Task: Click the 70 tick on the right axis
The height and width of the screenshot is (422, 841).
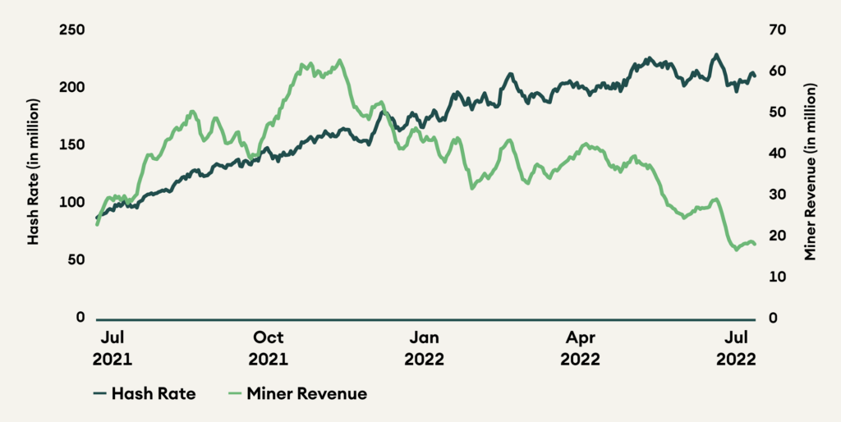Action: point(777,30)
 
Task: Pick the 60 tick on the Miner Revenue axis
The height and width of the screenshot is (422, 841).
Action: point(777,71)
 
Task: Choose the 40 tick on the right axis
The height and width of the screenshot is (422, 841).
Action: point(777,154)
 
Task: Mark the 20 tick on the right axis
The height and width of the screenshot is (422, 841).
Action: point(777,236)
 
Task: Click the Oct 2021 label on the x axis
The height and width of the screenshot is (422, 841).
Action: point(269,348)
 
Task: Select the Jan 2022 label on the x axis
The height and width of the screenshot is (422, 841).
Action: point(425,348)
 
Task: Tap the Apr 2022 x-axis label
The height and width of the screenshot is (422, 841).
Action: point(581,348)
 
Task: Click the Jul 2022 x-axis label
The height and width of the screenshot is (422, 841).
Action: point(737,348)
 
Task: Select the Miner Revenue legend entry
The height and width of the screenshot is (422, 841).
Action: point(296,394)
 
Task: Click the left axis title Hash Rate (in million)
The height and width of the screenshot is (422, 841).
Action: point(34,172)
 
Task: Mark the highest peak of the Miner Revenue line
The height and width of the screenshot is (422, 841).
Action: point(339,60)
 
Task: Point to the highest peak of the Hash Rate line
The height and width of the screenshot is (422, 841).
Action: point(716,55)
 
